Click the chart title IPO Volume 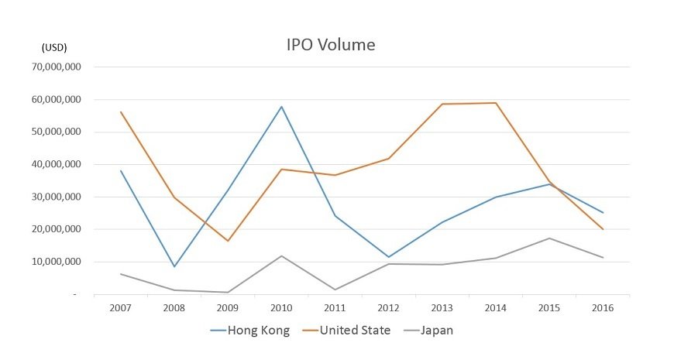tap(331, 45)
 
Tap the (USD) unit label tap(54, 48)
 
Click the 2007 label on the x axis tap(120, 308)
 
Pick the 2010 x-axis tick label tap(281, 308)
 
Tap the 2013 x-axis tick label tap(442, 308)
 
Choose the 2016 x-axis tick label tap(603, 308)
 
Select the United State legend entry tap(349, 331)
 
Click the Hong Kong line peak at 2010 tap(281, 106)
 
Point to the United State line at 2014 tap(496, 103)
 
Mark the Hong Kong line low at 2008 tap(174, 267)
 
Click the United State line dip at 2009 tap(228, 241)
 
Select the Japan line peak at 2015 tap(549, 238)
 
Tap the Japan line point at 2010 tap(281, 255)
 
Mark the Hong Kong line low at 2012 tap(389, 257)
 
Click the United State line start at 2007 tap(121, 112)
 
